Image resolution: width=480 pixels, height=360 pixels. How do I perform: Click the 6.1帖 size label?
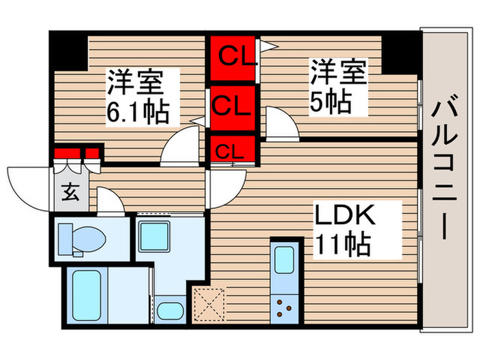click(x=136, y=111)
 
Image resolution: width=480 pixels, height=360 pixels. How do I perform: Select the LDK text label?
click(x=346, y=216)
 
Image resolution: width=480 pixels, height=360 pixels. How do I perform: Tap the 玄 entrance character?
click(x=71, y=191)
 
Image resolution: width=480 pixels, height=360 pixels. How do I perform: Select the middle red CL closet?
click(x=232, y=106)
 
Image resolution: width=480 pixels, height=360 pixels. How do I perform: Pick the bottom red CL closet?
click(x=232, y=149)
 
